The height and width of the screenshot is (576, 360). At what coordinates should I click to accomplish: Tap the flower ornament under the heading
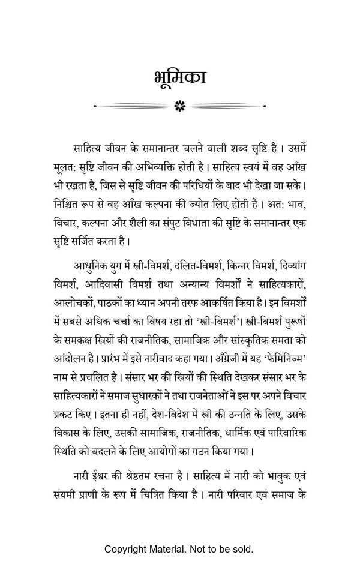[x=179, y=106]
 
